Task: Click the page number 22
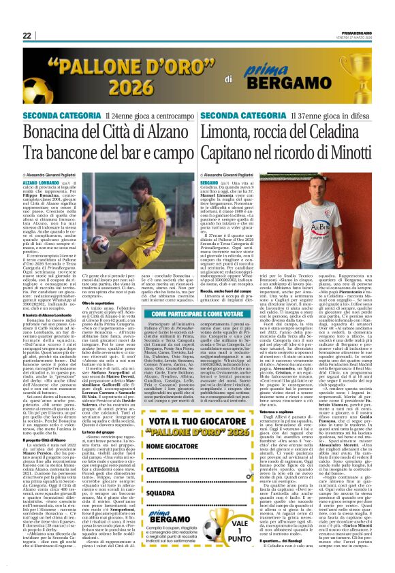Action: [x=28, y=36]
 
